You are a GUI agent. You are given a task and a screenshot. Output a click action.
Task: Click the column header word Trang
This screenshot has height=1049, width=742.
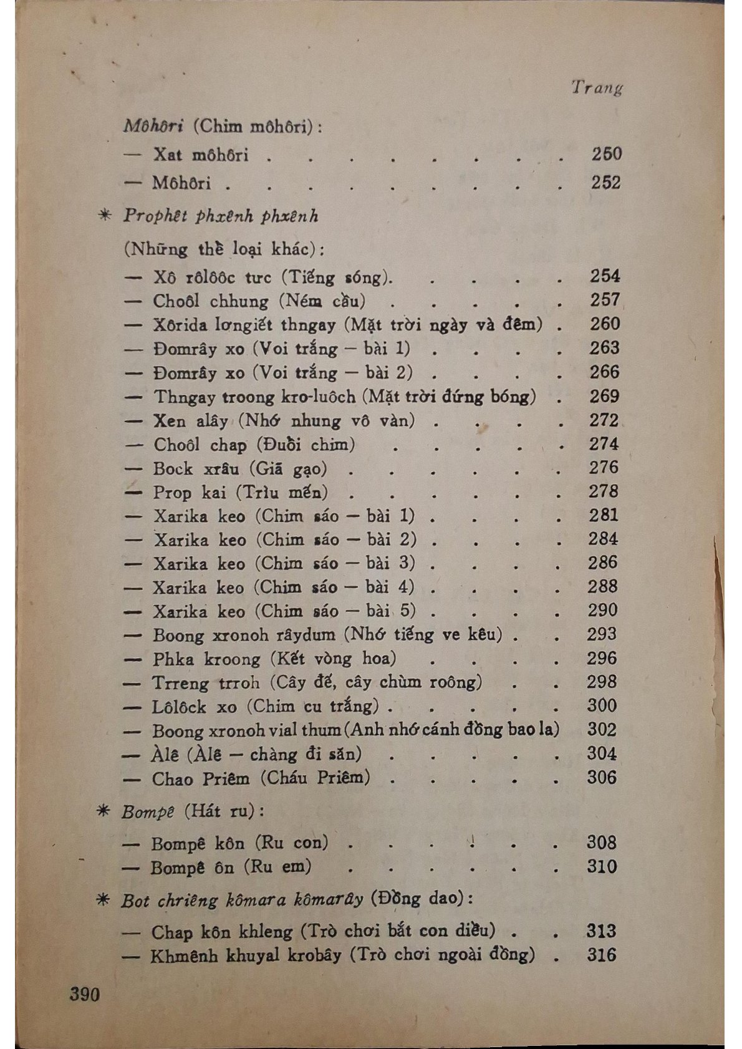point(597,87)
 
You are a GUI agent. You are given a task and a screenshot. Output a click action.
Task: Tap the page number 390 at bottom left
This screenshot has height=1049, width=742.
point(85,993)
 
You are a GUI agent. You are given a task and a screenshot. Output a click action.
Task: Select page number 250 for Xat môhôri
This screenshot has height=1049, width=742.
point(606,153)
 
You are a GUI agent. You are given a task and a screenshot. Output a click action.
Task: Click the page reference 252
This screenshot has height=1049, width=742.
point(606,183)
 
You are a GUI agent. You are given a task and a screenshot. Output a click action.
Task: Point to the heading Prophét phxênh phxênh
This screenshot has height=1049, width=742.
point(221,216)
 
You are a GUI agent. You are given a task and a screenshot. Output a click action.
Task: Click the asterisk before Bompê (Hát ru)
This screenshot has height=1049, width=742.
point(105,812)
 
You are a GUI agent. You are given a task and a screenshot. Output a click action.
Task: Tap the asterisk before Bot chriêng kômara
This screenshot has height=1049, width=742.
point(104,900)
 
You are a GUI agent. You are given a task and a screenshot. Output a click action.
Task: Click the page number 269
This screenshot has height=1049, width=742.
point(604,396)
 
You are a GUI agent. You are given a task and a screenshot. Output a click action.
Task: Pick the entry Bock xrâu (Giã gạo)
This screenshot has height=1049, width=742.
point(240,468)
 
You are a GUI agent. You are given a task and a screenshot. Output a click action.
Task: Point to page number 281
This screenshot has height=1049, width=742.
point(603,515)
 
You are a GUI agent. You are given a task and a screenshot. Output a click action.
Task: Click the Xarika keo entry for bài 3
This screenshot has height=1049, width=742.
point(284,563)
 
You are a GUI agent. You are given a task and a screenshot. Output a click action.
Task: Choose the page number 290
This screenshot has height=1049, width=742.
point(602,610)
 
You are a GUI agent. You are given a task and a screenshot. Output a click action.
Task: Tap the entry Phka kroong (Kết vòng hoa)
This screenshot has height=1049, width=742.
point(274,659)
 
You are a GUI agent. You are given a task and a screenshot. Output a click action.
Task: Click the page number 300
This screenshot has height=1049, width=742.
point(602,705)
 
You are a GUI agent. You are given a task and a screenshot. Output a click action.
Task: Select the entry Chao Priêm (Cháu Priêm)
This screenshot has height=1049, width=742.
point(261,778)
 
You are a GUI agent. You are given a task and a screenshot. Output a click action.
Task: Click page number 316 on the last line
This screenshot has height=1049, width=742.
point(601,955)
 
